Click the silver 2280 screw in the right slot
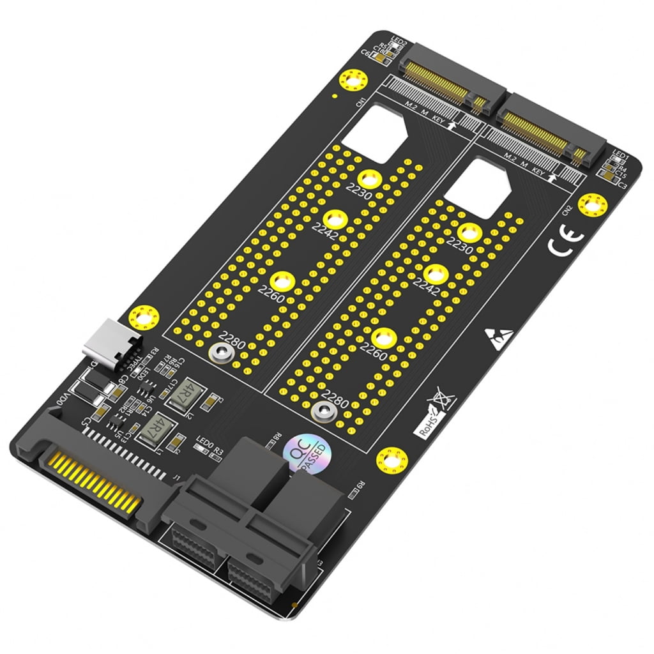(323, 413)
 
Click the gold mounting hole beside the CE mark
(592, 205)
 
